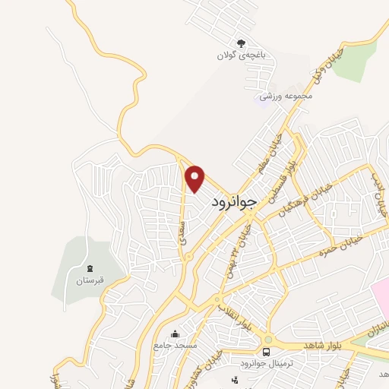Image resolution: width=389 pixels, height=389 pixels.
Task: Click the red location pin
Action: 195,179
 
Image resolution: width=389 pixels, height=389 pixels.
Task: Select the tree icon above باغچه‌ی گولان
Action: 242,43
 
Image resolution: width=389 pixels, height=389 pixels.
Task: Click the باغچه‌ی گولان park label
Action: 236,55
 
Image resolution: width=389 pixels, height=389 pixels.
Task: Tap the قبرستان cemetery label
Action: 89,280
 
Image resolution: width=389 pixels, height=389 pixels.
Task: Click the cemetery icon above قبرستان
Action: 90,268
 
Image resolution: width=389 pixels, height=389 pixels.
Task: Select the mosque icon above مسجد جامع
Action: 176,333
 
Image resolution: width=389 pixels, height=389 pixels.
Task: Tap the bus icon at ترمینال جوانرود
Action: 266,351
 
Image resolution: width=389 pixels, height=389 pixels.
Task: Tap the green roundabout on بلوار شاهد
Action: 267,339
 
